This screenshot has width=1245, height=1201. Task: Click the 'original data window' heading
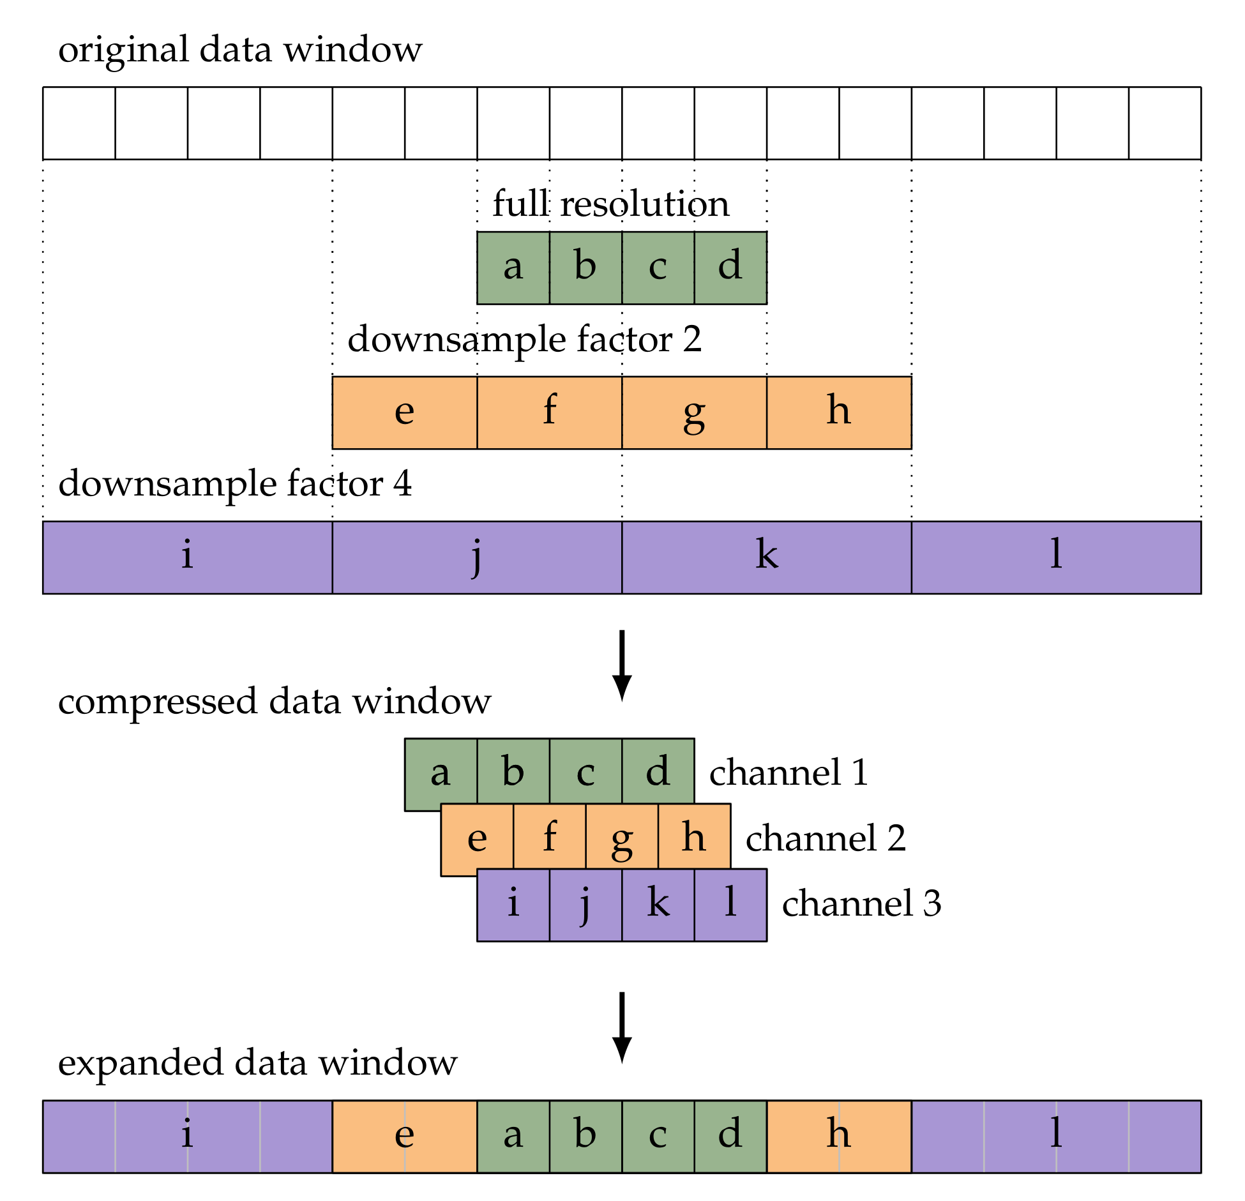coord(240,50)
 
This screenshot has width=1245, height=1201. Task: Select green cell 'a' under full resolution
coord(513,268)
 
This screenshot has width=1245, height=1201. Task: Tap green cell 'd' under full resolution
coord(730,268)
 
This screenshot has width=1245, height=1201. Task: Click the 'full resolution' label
coord(610,204)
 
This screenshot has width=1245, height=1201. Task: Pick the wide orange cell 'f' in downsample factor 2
coord(549,412)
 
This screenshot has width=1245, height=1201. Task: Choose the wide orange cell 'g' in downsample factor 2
coord(694,412)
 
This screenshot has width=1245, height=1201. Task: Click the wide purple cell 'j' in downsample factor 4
coord(476,557)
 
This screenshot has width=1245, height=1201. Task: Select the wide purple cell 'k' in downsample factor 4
coord(766,557)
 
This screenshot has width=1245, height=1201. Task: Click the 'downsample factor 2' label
coord(524,339)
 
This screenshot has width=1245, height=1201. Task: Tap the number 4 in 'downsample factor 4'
coord(402,483)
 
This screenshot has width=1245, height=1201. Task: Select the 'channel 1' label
coord(788,773)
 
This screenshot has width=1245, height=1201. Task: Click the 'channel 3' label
coord(861,903)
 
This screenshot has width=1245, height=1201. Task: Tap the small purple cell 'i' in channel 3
coord(513,905)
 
